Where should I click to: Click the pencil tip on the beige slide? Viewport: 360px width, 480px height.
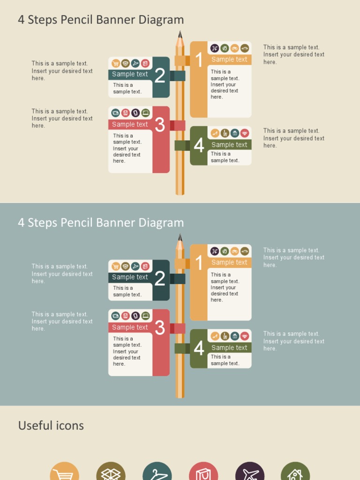pos(180,34)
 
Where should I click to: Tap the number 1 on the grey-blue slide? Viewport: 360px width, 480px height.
pos(199,263)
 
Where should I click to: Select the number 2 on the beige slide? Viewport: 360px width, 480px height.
pos(160,75)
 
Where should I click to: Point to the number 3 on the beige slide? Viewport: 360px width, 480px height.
pos(160,125)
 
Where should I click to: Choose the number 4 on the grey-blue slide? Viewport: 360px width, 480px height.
pos(199,348)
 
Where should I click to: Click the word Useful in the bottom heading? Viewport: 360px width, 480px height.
pos(35,426)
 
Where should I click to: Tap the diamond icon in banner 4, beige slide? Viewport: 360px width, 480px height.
pos(245,133)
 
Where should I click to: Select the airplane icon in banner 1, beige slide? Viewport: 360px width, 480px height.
pos(215,48)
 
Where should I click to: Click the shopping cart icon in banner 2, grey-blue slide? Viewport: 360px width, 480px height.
pos(116,266)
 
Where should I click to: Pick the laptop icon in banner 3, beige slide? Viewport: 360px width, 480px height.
pos(145,113)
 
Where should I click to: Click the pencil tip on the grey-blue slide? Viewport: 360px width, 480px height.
pos(180,237)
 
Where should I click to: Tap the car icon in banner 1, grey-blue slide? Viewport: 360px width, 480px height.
pos(245,251)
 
